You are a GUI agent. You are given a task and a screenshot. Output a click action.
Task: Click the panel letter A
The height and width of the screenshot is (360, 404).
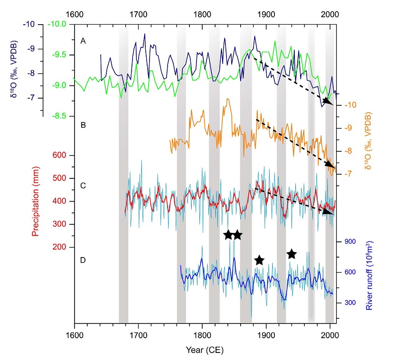(x=83, y=41)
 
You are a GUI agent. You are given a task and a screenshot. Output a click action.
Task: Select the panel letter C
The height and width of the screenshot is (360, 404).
(x=83, y=185)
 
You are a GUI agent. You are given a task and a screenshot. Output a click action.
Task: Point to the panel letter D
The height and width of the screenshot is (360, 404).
(x=83, y=260)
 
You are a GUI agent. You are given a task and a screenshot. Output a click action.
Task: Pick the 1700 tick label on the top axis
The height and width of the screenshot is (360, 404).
(x=138, y=14)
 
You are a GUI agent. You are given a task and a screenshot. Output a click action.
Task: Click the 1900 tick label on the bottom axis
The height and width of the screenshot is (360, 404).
(x=266, y=337)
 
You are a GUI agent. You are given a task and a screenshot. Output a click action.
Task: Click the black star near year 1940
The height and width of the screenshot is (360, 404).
(x=291, y=255)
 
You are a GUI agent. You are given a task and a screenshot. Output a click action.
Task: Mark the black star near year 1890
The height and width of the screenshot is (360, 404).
(x=259, y=260)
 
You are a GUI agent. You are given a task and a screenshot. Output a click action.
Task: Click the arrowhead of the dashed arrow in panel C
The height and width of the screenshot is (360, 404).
(x=329, y=212)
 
